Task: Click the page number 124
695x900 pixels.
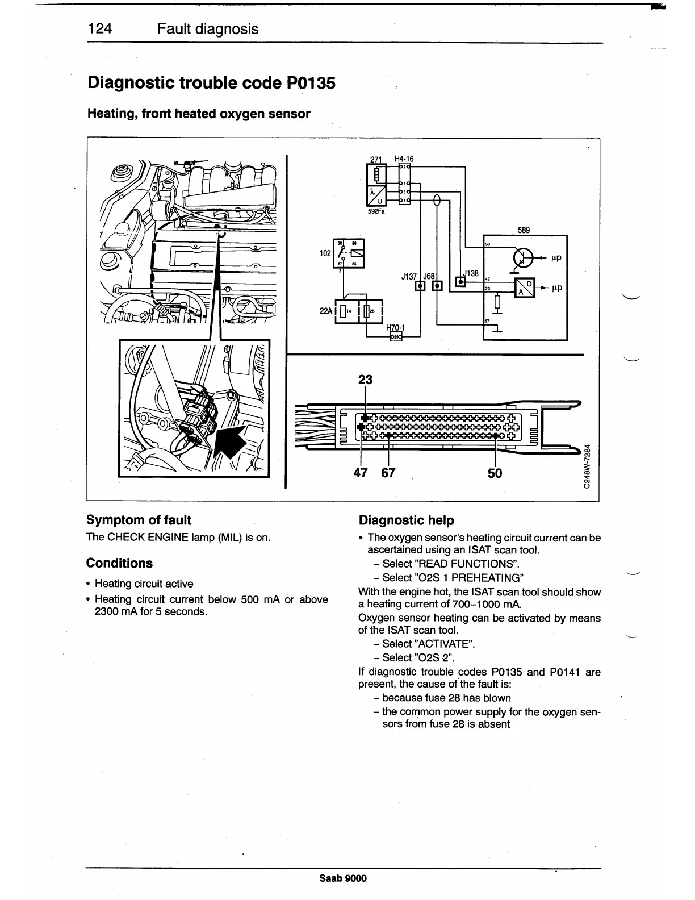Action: coord(101,29)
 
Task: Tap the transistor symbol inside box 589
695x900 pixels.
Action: coord(522,257)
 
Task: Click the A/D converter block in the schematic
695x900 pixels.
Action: coord(524,288)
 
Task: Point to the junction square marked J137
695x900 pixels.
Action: coord(421,285)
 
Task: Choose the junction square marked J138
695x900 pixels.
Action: coord(461,281)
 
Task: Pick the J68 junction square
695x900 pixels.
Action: coord(437,285)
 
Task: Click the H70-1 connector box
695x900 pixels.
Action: coord(396,337)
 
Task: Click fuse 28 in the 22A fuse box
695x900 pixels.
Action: coord(367,311)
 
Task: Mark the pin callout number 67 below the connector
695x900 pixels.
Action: coord(388,473)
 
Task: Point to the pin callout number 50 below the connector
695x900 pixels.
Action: coord(495,473)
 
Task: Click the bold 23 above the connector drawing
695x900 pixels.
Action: coord(365,379)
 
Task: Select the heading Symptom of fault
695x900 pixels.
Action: coord(139,520)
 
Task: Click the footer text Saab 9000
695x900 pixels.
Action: coord(343,878)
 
